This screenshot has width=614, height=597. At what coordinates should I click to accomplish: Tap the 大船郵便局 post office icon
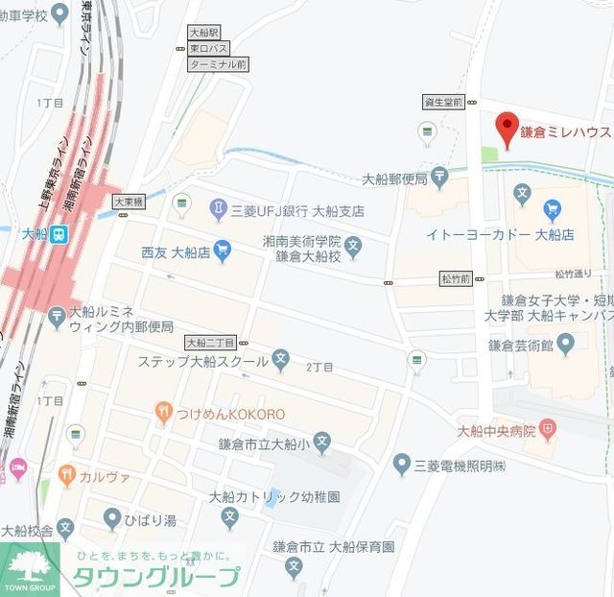[x=439, y=177]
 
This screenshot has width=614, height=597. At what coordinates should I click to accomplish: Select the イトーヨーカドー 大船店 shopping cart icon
[x=551, y=209]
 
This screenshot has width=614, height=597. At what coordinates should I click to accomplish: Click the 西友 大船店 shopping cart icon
[x=223, y=251]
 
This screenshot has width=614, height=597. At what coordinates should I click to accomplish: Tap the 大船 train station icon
[x=59, y=233]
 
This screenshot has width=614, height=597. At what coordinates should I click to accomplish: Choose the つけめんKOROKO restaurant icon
[x=164, y=413]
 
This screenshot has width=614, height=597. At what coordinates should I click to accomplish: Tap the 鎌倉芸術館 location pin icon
[x=565, y=342]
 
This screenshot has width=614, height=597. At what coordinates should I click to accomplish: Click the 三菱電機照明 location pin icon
[x=402, y=465]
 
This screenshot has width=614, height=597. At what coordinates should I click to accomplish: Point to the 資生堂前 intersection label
[x=443, y=102]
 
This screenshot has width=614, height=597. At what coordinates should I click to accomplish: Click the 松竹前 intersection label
[x=456, y=278]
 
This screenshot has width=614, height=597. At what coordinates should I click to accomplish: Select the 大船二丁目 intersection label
[x=210, y=342]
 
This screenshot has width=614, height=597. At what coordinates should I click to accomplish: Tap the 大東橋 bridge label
[x=128, y=203]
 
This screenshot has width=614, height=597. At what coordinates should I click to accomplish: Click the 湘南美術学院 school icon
[x=353, y=248]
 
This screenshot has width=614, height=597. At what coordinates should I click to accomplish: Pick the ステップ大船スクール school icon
[x=281, y=360]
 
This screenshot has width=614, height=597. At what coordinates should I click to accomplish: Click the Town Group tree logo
[x=29, y=568]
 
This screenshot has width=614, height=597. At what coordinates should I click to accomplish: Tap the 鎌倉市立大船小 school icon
[x=322, y=442]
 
